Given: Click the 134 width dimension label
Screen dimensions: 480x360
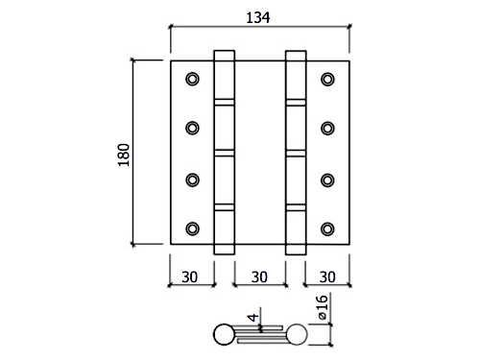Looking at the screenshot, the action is [258, 17].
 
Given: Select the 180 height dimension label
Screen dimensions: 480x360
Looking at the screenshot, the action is [124, 155].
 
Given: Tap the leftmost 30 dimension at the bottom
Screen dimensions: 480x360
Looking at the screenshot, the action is [190, 276].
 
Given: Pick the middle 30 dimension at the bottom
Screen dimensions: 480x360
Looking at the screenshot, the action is [259, 276].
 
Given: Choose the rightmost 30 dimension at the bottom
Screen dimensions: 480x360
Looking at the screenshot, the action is [327, 276].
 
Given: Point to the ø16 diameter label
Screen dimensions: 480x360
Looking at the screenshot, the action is [323, 307].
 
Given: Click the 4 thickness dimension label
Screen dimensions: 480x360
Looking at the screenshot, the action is [253, 318].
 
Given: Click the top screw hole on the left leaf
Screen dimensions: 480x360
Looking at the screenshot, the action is [192, 79].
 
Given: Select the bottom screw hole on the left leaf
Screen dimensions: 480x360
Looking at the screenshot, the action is [192, 228].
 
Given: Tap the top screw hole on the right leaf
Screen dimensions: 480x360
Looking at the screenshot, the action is [327, 79].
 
